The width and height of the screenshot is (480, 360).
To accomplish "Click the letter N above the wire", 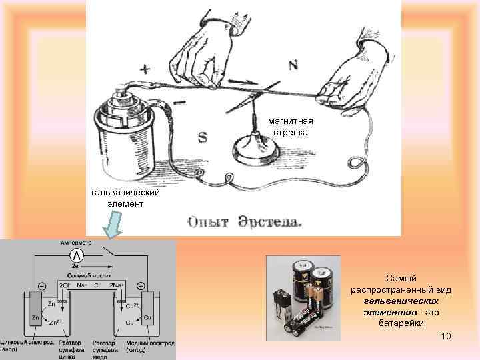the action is (x=293, y=65).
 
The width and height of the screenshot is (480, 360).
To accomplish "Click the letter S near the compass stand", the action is (x=203, y=138).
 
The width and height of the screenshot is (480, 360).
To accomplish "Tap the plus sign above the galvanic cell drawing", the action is (x=146, y=69).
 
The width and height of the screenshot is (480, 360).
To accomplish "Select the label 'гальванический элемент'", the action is (x=125, y=198).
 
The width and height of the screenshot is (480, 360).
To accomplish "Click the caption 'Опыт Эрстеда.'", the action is (x=245, y=220).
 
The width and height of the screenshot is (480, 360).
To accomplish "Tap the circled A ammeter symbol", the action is (x=77, y=257).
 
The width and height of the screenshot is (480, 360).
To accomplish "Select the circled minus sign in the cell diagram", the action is (x=43, y=285).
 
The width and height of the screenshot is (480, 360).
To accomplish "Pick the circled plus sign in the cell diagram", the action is (x=140, y=285).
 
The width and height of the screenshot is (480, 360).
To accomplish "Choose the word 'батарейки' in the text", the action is (x=401, y=323).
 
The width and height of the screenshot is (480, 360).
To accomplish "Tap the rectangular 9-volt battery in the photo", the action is (x=283, y=308).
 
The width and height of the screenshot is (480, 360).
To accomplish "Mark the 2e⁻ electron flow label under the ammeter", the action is (x=77, y=266).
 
